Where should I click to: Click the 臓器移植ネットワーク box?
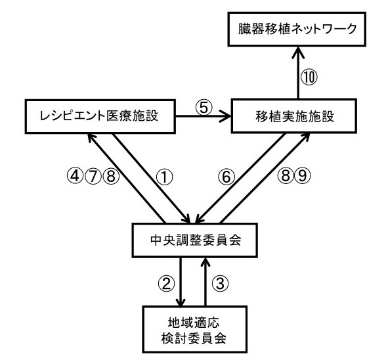(297, 29)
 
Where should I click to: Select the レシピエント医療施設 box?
(100, 116)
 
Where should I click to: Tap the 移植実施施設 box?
(294, 116)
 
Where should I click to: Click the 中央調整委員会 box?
(195, 240)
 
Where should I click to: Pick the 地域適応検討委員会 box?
(195, 329)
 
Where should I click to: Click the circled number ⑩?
(309, 77)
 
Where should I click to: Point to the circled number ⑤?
(204, 108)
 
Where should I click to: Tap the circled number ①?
(164, 177)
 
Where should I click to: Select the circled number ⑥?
(226, 177)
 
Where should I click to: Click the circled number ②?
(166, 284)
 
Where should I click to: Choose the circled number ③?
(220, 284)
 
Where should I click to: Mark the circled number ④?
(75, 176)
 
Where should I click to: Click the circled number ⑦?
(93, 176)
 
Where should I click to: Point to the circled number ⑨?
(303, 176)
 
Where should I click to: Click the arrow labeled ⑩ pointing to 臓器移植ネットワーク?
(299, 72)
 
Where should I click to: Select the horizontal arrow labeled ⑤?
(203, 116)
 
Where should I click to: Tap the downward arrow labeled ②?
(181, 282)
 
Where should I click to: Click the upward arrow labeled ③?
(205, 282)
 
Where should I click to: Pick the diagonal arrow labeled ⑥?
(240, 179)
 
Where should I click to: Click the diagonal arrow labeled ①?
(152, 179)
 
